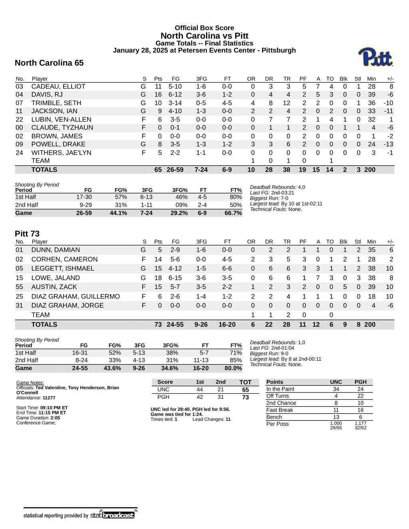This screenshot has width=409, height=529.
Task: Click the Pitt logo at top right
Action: click(375, 57)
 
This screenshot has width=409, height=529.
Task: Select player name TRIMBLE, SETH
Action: click(56, 103)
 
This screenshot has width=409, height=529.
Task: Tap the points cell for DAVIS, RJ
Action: click(158, 95)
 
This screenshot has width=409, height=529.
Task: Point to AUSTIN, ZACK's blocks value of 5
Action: click(345, 287)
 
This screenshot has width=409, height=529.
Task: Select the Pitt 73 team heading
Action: click(27, 234)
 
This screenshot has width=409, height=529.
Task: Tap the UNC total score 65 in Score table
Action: click(245, 390)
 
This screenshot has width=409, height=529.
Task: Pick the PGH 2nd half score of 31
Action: click(220, 397)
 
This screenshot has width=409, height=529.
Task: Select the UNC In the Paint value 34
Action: click(336, 389)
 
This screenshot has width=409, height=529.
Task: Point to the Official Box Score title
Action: click(204, 28)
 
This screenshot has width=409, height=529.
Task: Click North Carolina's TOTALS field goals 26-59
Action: click(175, 170)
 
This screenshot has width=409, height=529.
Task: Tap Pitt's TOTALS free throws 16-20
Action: click(227, 325)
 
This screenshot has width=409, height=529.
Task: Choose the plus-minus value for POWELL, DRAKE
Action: click(388, 144)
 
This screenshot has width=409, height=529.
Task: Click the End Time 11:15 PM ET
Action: click(52, 413)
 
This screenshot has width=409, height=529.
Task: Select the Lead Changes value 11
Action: click(228, 419)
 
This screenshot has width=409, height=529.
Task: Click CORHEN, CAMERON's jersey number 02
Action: click(20, 260)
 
